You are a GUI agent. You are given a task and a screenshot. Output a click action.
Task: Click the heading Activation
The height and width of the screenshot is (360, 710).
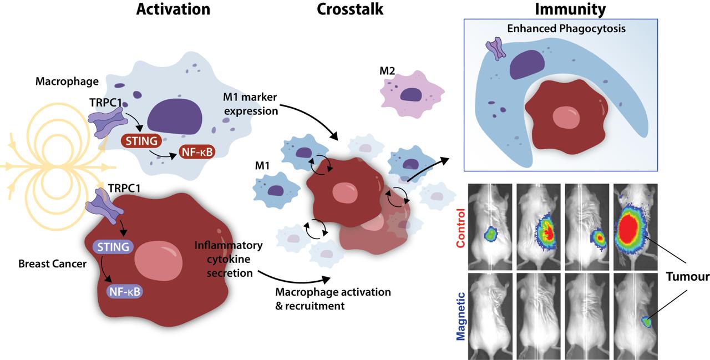tap(173, 9)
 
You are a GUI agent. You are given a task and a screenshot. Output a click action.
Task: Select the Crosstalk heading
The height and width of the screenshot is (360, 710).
tap(350, 9)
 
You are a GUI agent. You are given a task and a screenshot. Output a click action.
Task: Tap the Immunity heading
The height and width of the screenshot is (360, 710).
tap(570, 9)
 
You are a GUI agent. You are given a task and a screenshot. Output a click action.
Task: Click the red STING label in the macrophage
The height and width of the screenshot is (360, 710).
tap(141, 141)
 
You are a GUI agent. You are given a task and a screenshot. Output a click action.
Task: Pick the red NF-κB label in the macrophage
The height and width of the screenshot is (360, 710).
tap(197, 152)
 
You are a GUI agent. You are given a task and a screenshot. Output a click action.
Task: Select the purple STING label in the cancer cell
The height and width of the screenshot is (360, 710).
tap(113, 247)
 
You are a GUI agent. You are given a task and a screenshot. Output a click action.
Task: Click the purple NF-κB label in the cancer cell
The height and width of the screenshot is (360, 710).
tap(125, 292)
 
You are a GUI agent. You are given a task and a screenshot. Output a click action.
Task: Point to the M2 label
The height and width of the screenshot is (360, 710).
tap(387, 70)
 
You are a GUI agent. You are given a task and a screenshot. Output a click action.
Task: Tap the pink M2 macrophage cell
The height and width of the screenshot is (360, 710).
tap(412, 94)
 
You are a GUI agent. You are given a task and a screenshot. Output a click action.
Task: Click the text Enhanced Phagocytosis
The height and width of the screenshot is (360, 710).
tap(566, 28)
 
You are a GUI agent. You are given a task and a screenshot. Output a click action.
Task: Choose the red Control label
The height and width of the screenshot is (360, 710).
tap(460, 228)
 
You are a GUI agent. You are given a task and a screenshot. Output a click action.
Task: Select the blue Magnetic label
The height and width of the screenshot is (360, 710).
tap(460, 316)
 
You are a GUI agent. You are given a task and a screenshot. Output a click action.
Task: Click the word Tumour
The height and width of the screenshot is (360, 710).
tap(687, 277)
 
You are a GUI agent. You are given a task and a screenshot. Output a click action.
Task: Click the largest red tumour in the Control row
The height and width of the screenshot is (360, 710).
tap(630, 229)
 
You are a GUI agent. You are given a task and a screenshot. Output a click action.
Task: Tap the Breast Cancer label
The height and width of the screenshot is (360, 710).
tap(52, 263)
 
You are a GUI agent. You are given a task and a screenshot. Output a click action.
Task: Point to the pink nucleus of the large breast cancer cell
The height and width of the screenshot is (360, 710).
tap(158, 261)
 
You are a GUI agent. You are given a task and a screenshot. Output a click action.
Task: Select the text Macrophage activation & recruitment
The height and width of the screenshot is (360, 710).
tap(333, 299)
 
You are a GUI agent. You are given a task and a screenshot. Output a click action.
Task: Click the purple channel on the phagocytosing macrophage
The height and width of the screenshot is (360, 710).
tap(495, 48)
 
